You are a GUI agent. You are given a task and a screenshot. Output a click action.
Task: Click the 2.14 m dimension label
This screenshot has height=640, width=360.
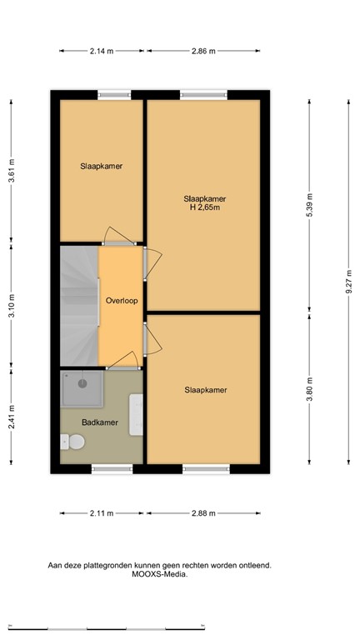tap(101, 51)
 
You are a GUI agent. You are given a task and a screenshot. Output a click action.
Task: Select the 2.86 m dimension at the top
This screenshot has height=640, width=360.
tap(204, 51)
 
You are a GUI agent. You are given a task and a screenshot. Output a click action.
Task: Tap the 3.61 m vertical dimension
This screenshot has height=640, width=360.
tap(12, 171)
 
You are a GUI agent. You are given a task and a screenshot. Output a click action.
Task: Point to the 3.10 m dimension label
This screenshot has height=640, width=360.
tap(12, 305)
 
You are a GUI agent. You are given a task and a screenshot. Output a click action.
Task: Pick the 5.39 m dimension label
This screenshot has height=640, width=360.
tap(310, 207)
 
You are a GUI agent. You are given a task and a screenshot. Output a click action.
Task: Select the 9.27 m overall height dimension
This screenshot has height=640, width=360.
tap(349, 282)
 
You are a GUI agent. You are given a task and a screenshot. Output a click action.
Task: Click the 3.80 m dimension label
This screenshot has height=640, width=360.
tap(310, 391)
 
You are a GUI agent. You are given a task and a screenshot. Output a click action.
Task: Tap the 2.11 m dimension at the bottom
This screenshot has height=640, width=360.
tap(101, 513)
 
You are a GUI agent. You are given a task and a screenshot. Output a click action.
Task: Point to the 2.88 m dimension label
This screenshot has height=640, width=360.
tap(204, 513)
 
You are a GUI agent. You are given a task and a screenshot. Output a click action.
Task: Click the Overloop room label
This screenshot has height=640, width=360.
tap(121, 301)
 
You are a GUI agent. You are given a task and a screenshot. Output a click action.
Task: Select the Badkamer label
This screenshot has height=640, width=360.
tap(100, 422)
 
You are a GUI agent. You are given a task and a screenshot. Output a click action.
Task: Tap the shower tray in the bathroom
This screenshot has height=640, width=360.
tap(80, 384)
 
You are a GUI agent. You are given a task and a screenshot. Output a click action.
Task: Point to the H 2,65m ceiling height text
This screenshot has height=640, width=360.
tap(204, 207)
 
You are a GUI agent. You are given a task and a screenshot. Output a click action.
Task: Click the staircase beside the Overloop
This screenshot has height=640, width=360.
tap(79, 305)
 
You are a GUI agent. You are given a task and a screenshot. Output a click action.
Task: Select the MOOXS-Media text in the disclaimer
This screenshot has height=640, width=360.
tap(157, 574)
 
